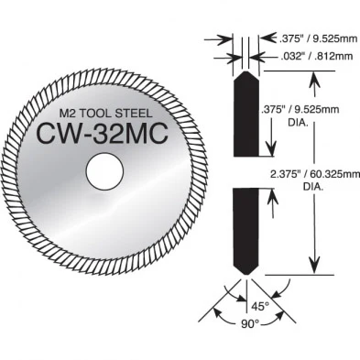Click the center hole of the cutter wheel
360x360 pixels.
[104, 172]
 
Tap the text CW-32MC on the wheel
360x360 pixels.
[103, 133]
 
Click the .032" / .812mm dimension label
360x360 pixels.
[316, 56]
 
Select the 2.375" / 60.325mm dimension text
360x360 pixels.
[315, 175]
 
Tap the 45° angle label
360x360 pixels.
[259, 306]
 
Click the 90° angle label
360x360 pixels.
[250, 323]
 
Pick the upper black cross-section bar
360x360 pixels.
[246, 115]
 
